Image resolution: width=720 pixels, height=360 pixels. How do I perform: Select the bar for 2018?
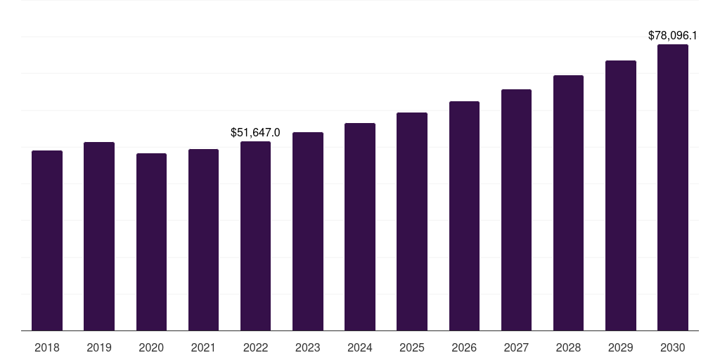click(x=47, y=240)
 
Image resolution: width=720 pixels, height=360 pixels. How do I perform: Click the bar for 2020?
click(x=151, y=242)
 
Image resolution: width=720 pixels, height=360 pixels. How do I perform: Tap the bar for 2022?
click(x=255, y=236)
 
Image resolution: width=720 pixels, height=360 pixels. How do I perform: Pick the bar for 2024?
click(x=360, y=226)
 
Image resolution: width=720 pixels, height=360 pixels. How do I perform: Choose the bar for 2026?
click(x=464, y=216)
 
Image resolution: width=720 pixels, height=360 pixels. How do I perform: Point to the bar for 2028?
click(x=568, y=202)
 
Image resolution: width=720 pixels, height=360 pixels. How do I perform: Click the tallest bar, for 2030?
click(x=672, y=187)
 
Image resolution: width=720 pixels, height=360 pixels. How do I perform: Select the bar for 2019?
click(x=99, y=236)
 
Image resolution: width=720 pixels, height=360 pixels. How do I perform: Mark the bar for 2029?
click(x=620, y=195)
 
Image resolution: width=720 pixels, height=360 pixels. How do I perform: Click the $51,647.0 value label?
click(x=255, y=132)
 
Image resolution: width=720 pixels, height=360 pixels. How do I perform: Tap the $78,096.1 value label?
click(x=672, y=35)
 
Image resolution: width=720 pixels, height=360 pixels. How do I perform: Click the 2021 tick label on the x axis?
click(x=203, y=347)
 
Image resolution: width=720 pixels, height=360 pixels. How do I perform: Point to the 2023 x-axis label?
click(x=307, y=347)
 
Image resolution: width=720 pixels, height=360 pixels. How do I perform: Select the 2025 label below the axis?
click(x=412, y=347)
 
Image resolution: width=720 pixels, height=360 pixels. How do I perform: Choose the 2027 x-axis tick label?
click(x=516, y=347)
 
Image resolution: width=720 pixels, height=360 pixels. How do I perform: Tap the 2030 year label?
click(x=672, y=347)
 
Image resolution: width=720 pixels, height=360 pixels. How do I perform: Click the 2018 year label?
click(x=47, y=347)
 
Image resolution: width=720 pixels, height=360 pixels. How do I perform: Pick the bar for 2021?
click(x=203, y=240)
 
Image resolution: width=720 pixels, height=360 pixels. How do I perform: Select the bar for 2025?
click(x=412, y=221)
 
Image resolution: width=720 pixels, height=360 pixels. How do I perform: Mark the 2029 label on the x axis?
click(x=620, y=347)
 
